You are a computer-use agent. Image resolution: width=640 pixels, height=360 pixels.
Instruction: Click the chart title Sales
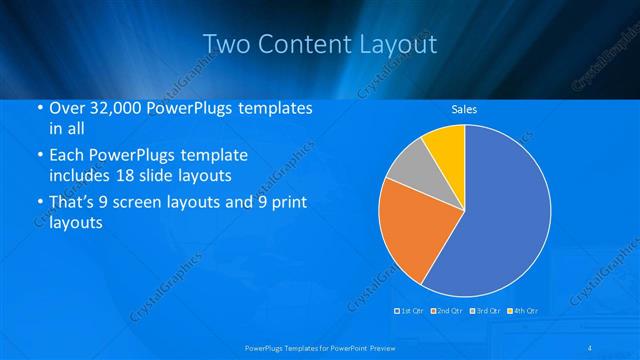click(x=463, y=109)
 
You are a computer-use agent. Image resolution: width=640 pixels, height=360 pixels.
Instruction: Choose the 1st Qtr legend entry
click(x=410, y=311)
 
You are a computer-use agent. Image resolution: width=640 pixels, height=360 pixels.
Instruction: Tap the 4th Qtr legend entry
click(x=523, y=311)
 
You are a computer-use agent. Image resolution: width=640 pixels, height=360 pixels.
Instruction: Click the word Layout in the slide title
click(x=398, y=45)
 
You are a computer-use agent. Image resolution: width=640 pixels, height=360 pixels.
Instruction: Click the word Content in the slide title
click(x=304, y=45)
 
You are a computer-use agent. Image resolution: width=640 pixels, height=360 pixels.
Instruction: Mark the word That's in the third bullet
click(x=75, y=204)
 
